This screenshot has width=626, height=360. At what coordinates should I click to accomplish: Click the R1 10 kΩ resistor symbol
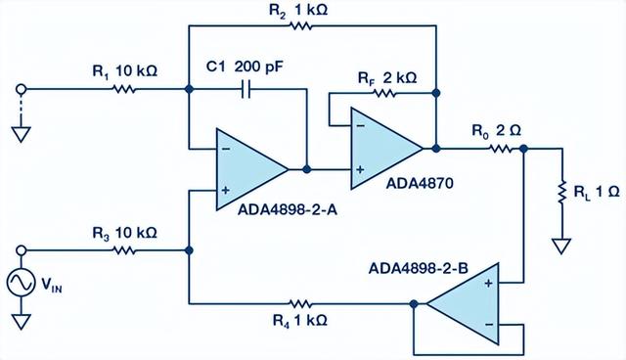[x=125, y=89]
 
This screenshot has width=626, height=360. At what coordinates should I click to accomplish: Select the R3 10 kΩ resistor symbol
[x=125, y=250]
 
